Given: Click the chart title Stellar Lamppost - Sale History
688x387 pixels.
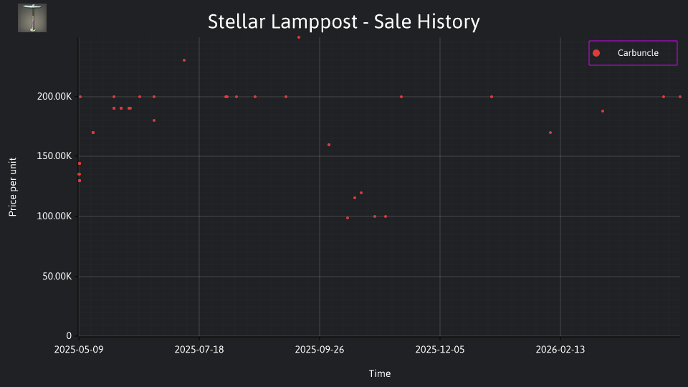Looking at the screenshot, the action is [343, 21].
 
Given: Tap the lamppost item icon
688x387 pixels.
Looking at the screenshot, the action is [32, 18].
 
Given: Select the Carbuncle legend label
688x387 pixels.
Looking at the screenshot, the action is [638, 53].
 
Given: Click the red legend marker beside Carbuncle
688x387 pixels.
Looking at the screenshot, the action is [596, 53].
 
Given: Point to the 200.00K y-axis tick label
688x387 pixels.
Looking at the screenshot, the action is [54, 97].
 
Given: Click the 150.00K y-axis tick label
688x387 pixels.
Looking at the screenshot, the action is [54, 156].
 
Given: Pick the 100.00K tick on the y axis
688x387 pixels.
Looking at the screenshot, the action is [54, 216].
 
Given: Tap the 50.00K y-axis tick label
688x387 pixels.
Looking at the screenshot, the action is [57, 277].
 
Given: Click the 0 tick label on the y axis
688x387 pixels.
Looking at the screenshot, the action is [69, 336].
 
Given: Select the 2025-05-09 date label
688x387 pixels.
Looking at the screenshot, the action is [79, 350].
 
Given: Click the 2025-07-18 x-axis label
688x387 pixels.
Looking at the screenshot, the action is [199, 350].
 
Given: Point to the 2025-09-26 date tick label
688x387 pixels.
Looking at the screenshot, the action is [320, 350].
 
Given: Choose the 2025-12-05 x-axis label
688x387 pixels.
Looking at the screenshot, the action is [440, 350].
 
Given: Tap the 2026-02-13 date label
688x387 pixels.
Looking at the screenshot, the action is [560, 350].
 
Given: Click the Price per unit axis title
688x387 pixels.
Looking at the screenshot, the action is [13, 187].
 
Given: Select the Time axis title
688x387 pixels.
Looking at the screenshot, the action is [380, 374].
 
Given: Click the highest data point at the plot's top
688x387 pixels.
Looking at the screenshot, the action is [299, 37].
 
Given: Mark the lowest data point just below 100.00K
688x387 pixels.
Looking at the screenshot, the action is [348, 218].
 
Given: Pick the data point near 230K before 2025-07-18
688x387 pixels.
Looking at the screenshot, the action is [184, 60].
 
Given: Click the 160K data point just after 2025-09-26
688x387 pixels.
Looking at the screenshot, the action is [329, 145].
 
